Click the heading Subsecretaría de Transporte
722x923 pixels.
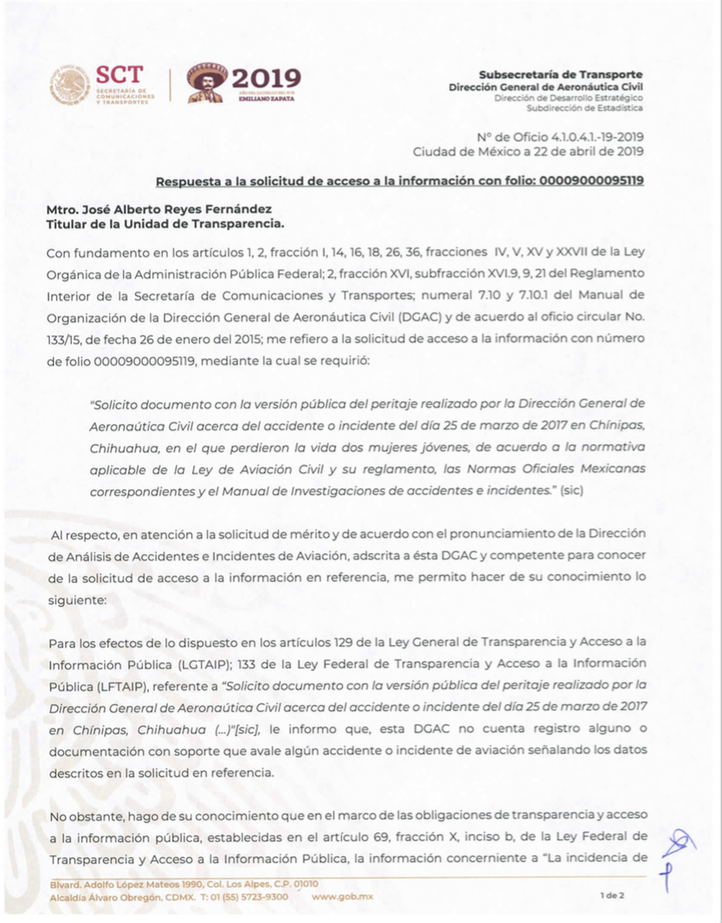pos(560,75)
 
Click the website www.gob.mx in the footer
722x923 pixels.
pos(343,897)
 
